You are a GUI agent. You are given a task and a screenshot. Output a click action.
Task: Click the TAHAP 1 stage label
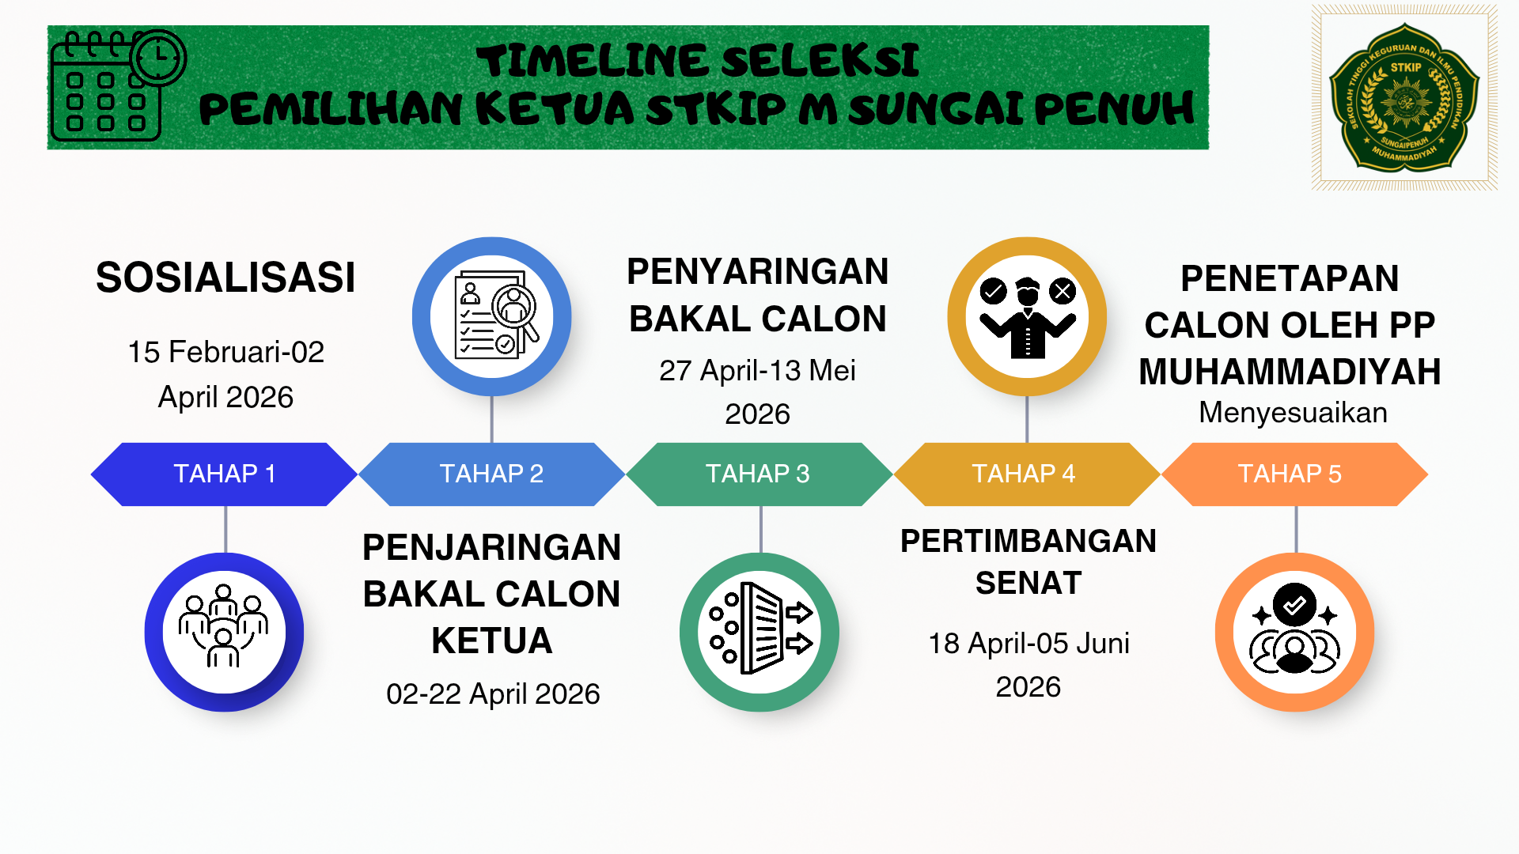225,474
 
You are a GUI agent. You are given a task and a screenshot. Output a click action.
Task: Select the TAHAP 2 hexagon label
491,474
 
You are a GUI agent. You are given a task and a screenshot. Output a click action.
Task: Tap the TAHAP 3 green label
758,474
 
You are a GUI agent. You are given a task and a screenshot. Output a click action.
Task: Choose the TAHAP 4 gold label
1024,474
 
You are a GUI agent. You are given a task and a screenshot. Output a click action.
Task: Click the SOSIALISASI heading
225,278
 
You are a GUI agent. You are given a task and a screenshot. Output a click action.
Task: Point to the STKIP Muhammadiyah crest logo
1404,97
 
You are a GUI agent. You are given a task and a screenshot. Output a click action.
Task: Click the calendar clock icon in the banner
118,85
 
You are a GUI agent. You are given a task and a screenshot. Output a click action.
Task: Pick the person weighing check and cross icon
1028,317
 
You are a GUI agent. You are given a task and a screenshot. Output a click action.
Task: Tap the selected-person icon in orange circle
1294,629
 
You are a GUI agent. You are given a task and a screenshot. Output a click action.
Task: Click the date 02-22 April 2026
493,694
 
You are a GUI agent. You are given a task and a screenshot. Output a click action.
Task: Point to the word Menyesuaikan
1293,413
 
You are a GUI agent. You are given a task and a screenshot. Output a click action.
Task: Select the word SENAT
1028,584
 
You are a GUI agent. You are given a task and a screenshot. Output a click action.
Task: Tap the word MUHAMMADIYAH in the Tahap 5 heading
1290,372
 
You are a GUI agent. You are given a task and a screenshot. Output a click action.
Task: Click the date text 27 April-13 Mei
758,371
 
